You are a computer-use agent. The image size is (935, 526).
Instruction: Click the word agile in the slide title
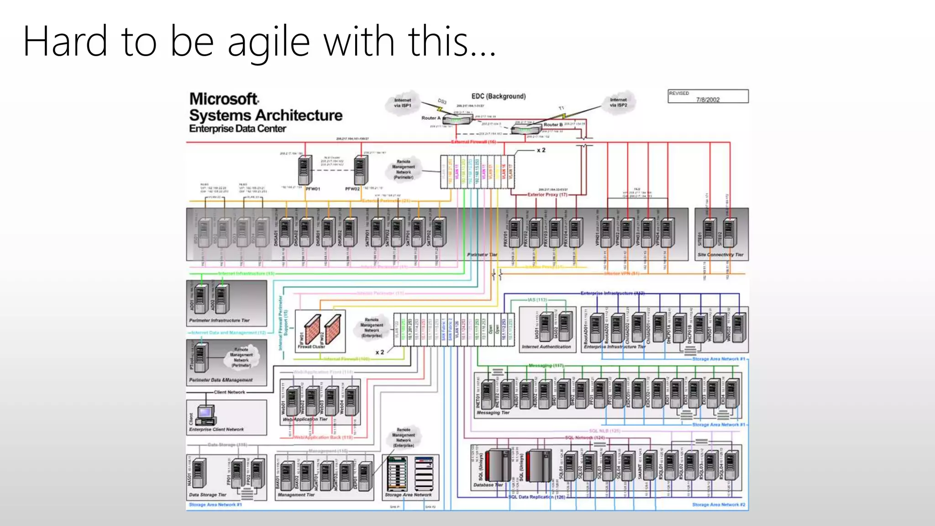pos(268,42)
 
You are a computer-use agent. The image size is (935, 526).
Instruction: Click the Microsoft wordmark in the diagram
pos(224,99)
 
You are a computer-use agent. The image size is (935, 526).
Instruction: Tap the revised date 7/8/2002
pos(708,100)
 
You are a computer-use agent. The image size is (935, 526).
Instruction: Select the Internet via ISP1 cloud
pos(403,103)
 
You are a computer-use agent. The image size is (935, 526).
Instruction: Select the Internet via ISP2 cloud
pos(619,102)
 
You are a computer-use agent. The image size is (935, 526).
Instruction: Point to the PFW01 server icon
pos(305,170)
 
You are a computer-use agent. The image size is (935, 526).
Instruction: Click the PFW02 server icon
pos(361,170)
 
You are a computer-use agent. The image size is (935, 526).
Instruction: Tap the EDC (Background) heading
pos(499,96)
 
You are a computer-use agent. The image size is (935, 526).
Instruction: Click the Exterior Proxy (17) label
pos(547,195)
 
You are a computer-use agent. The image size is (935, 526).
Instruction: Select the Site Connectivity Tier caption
pos(720,255)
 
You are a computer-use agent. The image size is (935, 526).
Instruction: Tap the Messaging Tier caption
pos(493,413)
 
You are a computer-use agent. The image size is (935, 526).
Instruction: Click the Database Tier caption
pos(488,485)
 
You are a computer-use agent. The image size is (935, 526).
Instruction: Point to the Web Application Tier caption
pos(305,419)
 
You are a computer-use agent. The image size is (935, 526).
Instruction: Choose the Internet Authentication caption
pos(546,347)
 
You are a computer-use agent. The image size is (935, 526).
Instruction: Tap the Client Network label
pos(229,392)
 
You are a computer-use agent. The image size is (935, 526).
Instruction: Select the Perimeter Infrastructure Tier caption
pos(219,321)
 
